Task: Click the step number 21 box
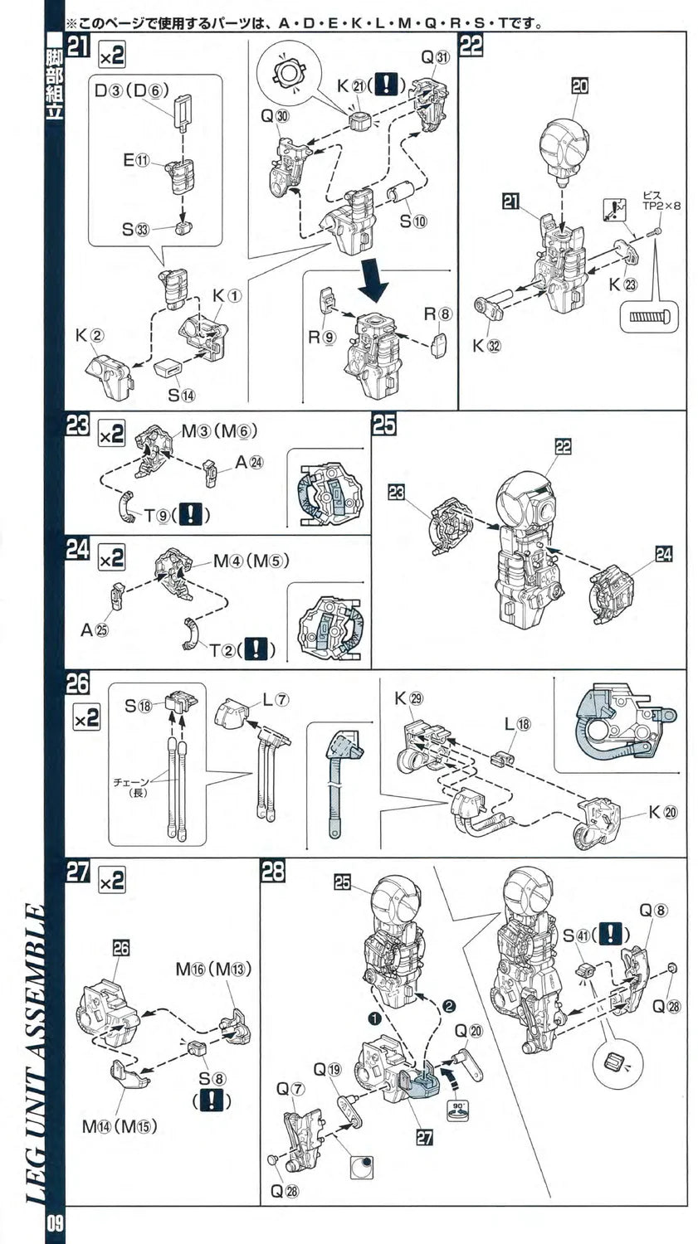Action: point(79,47)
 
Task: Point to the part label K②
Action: point(85,336)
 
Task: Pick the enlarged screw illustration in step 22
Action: point(650,317)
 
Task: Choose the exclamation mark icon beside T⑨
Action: point(191,514)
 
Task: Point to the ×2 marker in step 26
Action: point(86,717)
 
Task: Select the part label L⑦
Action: point(276,699)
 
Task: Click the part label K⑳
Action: point(663,812)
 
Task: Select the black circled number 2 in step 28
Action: point(449,1005)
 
